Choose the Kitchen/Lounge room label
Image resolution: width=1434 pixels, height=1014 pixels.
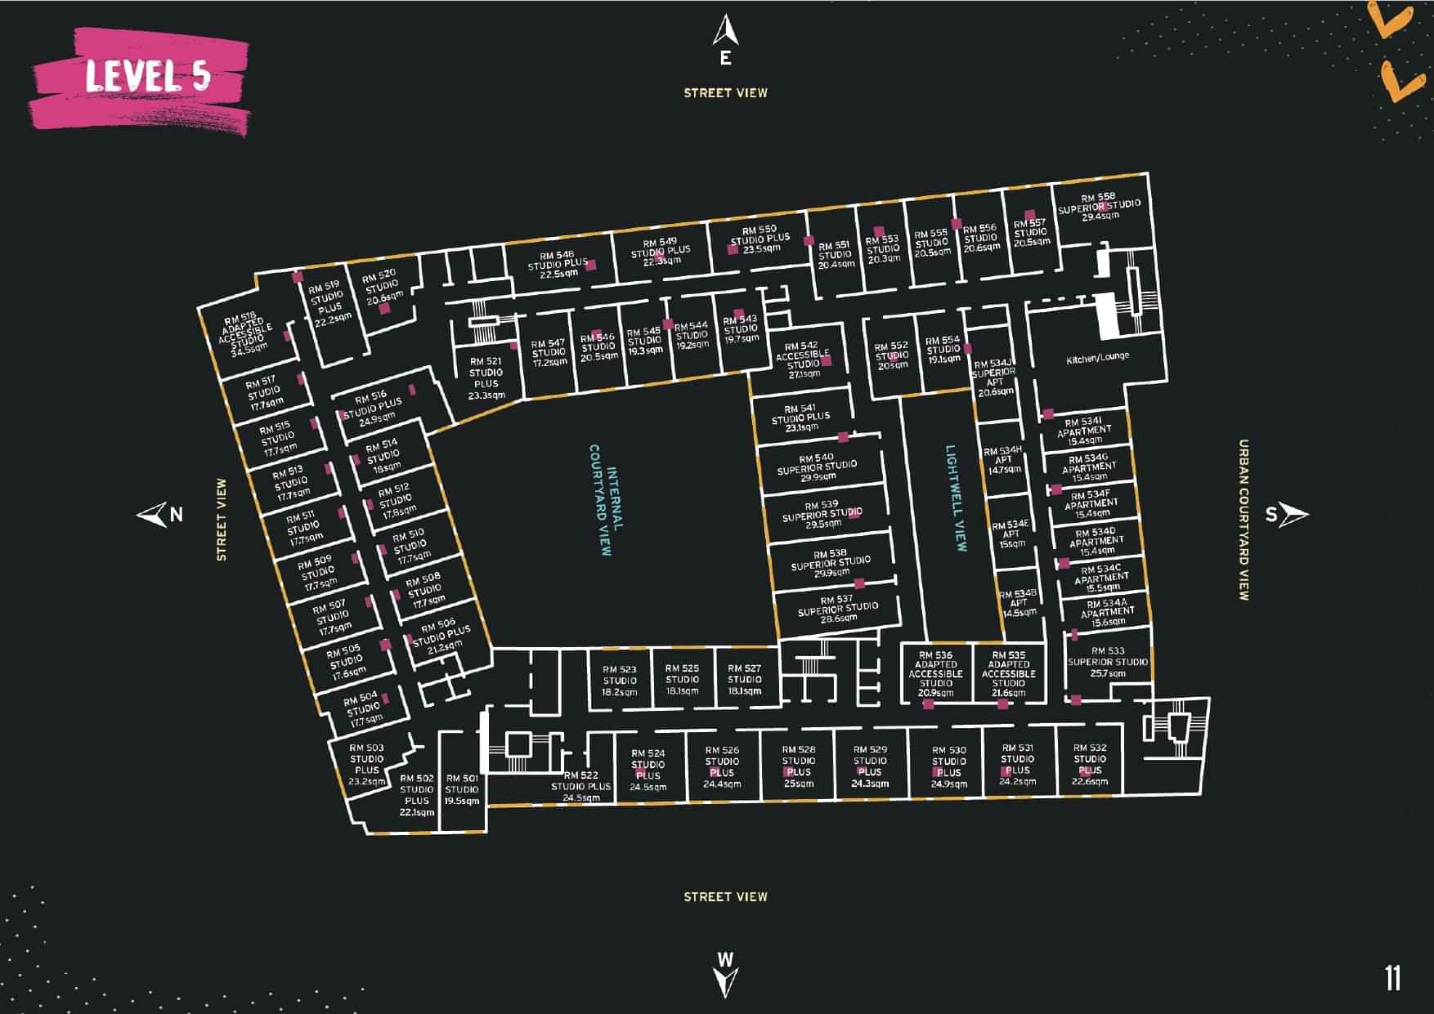click(x=1097, y=358)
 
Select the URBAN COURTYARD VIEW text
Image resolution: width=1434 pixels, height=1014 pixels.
click(x=1244, y=520)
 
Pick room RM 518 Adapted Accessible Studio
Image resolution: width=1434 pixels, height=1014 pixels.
click(x=249, y=334)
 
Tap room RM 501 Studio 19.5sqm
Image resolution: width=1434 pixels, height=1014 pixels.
click(x=462, y=789)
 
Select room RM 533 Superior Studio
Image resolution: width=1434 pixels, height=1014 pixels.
click(x=1108, y=662)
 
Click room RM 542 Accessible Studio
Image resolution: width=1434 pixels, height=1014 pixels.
click(x=802, y=360)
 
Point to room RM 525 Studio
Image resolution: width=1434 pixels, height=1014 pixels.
click(x=682, y=679)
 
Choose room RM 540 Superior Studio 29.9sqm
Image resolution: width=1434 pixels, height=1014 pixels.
click(x=817, y=467)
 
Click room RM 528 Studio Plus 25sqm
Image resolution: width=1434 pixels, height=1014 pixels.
click(x=798, y=766)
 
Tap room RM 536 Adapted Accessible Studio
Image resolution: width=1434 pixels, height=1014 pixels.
click(x=935, y=673)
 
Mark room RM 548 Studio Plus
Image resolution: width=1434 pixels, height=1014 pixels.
click(x=558, y=265)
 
